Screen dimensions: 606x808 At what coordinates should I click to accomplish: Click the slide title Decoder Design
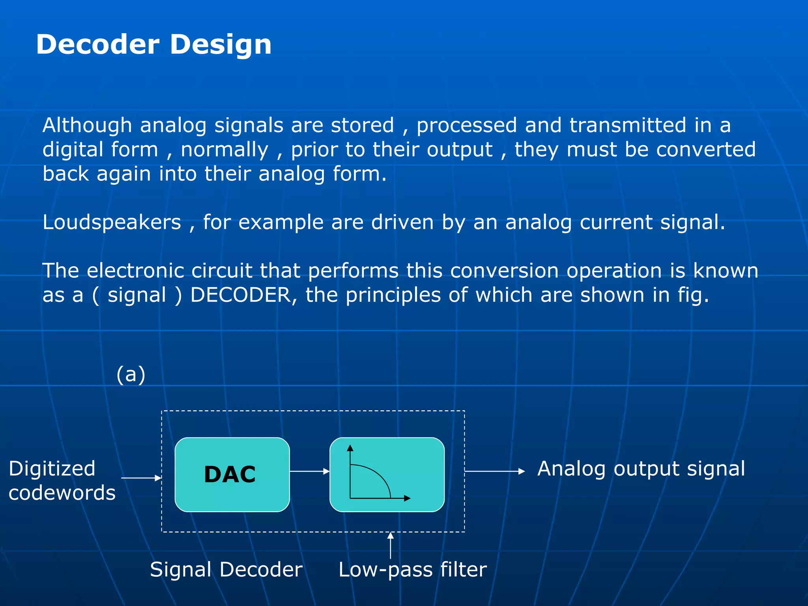point(153,44)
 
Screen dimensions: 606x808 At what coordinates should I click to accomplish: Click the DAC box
point(232,474)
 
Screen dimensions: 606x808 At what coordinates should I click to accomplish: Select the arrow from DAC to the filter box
point(309,471)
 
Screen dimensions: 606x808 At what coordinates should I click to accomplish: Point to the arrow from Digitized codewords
point(141,478)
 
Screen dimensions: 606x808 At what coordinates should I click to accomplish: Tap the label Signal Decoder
point(226,569)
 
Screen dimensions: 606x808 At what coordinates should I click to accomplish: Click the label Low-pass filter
point(413,569)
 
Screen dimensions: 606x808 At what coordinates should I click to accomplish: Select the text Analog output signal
point(641,469)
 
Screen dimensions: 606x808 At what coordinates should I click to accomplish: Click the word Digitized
point(52,469)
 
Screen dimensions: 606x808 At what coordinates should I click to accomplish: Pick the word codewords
point(62,493)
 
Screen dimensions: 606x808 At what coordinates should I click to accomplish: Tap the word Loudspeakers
point(112,223)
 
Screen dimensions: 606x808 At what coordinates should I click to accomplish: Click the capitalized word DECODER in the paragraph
point(240,295)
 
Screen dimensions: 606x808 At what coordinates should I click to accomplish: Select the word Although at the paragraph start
point(87,125)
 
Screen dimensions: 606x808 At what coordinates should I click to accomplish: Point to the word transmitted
point(628,125)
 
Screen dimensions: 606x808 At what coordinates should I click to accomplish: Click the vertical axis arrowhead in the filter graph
point(350,448)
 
